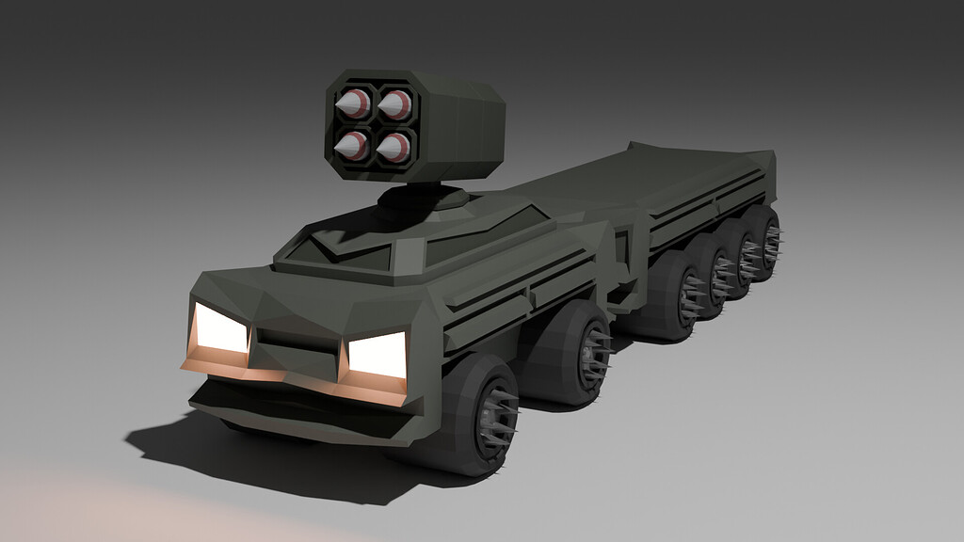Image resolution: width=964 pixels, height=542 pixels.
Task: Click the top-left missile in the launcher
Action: click(353, 104)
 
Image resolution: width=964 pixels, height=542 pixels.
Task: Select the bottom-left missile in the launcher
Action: click(352, 145)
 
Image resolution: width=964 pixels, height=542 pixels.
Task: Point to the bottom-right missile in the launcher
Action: click(394, 147)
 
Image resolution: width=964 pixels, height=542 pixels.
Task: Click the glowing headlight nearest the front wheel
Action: click(378, 356)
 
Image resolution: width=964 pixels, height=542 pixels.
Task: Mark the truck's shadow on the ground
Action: click(254, 461)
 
